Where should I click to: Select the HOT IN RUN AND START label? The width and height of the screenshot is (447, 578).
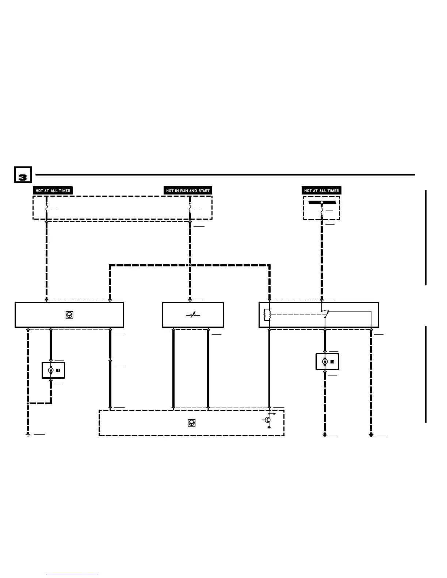188,190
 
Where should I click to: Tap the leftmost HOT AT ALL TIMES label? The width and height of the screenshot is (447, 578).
53,190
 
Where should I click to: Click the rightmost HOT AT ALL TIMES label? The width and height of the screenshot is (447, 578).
321,190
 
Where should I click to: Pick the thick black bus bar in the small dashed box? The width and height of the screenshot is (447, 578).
321,202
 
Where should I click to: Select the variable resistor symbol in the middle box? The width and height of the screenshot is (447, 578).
193,315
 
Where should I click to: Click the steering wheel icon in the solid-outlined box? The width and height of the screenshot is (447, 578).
69,315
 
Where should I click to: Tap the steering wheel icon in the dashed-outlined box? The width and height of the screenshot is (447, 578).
191,423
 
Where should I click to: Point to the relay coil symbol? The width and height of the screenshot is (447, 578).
267,315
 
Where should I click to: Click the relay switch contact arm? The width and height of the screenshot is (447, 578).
326,314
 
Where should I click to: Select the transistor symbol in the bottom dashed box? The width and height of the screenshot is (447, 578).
268,420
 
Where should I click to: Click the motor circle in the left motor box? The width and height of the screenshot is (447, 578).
51,370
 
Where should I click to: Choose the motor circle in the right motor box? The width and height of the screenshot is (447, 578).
325,362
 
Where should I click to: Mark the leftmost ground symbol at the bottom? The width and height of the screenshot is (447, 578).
28,434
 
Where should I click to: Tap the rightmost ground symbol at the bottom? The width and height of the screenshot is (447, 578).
371,435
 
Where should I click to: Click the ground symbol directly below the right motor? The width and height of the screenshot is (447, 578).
325,435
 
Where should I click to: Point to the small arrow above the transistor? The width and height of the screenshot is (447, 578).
274,414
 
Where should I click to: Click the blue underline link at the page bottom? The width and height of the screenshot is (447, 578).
72,575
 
